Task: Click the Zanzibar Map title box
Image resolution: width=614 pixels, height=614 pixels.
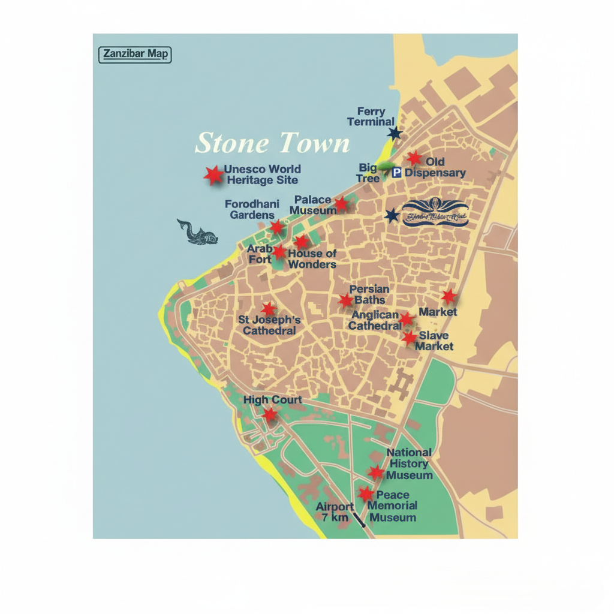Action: (135, 55)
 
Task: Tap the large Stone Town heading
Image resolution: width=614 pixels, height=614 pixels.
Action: (272, 143)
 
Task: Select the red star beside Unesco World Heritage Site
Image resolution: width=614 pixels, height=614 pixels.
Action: (213, 175)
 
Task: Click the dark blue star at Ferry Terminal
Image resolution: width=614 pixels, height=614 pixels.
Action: (394, 133)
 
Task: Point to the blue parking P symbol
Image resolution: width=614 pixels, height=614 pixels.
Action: (396, 173)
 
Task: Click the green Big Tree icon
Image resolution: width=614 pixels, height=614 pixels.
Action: (386, 168)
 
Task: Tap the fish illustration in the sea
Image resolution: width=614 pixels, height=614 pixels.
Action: (197, 233)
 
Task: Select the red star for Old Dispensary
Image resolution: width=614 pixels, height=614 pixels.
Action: (414, 158)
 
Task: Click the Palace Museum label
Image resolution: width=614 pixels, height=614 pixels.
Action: (314, 205)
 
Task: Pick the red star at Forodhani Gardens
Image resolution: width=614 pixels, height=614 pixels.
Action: (276, 227)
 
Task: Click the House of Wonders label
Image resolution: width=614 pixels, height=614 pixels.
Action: (312, 259)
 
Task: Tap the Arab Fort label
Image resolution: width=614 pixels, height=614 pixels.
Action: (260, 254)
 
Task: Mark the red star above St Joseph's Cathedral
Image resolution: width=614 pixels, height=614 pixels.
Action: (269, 309)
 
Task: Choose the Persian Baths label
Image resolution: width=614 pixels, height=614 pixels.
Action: (369, 294)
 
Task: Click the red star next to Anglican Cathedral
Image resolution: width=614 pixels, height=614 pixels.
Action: (407, 319)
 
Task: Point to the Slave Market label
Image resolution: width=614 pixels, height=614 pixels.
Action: (434, 341)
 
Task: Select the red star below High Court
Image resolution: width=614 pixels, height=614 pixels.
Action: (270, 414)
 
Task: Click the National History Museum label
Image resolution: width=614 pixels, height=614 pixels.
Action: (410, 464)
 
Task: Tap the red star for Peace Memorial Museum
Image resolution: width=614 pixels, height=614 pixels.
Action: (366, 494)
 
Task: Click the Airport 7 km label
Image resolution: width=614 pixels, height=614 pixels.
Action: (335, 512)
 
